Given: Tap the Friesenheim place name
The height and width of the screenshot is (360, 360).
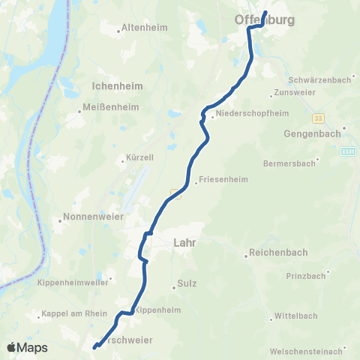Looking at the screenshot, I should click(x=221, y=181).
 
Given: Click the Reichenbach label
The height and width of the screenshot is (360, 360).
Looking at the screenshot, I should click(x=277, y=253).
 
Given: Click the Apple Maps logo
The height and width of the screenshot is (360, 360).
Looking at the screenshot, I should click(x=27, y=347).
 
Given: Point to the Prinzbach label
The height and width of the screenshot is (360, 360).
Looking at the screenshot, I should click(x=306, y=276).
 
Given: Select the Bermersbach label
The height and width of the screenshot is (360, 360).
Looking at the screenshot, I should click(x=289, y=163).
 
